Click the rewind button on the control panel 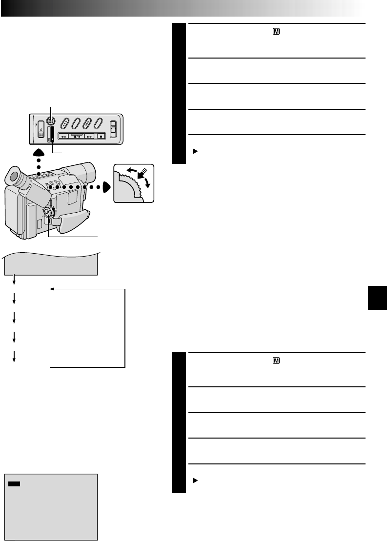click(x=64, y=137)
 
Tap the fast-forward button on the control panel click(x=89, y=137)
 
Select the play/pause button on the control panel click(x=77, y=137)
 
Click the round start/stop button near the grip click(x=47, y=213)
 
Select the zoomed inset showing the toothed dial click(x=133, y=183)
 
